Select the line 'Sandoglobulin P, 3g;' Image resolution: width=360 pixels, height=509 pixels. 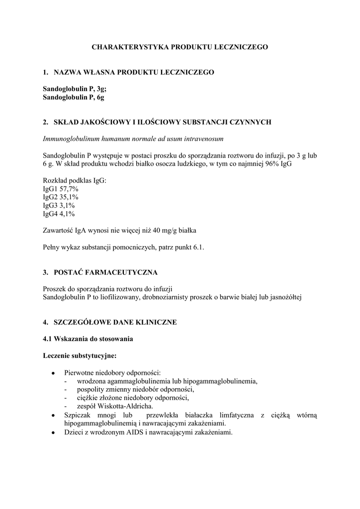click(x=75, y=89)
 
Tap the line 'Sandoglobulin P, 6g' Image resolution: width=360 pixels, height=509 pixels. click(x=74, y=97)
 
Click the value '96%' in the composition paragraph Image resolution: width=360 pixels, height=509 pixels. click(x=272, y=164)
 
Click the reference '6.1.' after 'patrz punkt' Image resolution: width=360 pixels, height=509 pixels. click(x=198, y=247)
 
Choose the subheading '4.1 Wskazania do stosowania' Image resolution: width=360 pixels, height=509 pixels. click(x=88, y=339)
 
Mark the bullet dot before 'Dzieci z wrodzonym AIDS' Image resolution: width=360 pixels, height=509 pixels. click(x=53, y=433)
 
